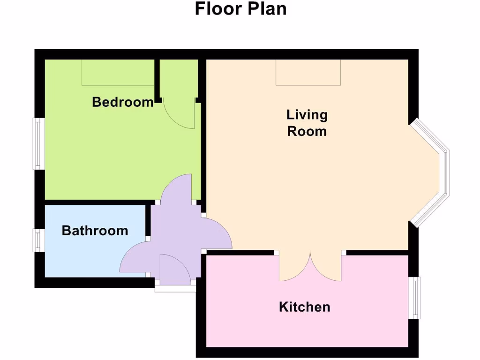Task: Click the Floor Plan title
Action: (240, 9)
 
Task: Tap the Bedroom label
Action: (123, 102)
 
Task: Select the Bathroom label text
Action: (95, 231)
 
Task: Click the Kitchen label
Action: (304, 307)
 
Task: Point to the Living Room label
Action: (307, 123)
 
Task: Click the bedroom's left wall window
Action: (38, 144)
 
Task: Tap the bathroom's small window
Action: (38, 240)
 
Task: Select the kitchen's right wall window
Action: (414, 297)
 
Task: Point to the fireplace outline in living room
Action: (308, 73)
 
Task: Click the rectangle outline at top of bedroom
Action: (118, 73)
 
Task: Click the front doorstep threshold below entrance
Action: (175, 288)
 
